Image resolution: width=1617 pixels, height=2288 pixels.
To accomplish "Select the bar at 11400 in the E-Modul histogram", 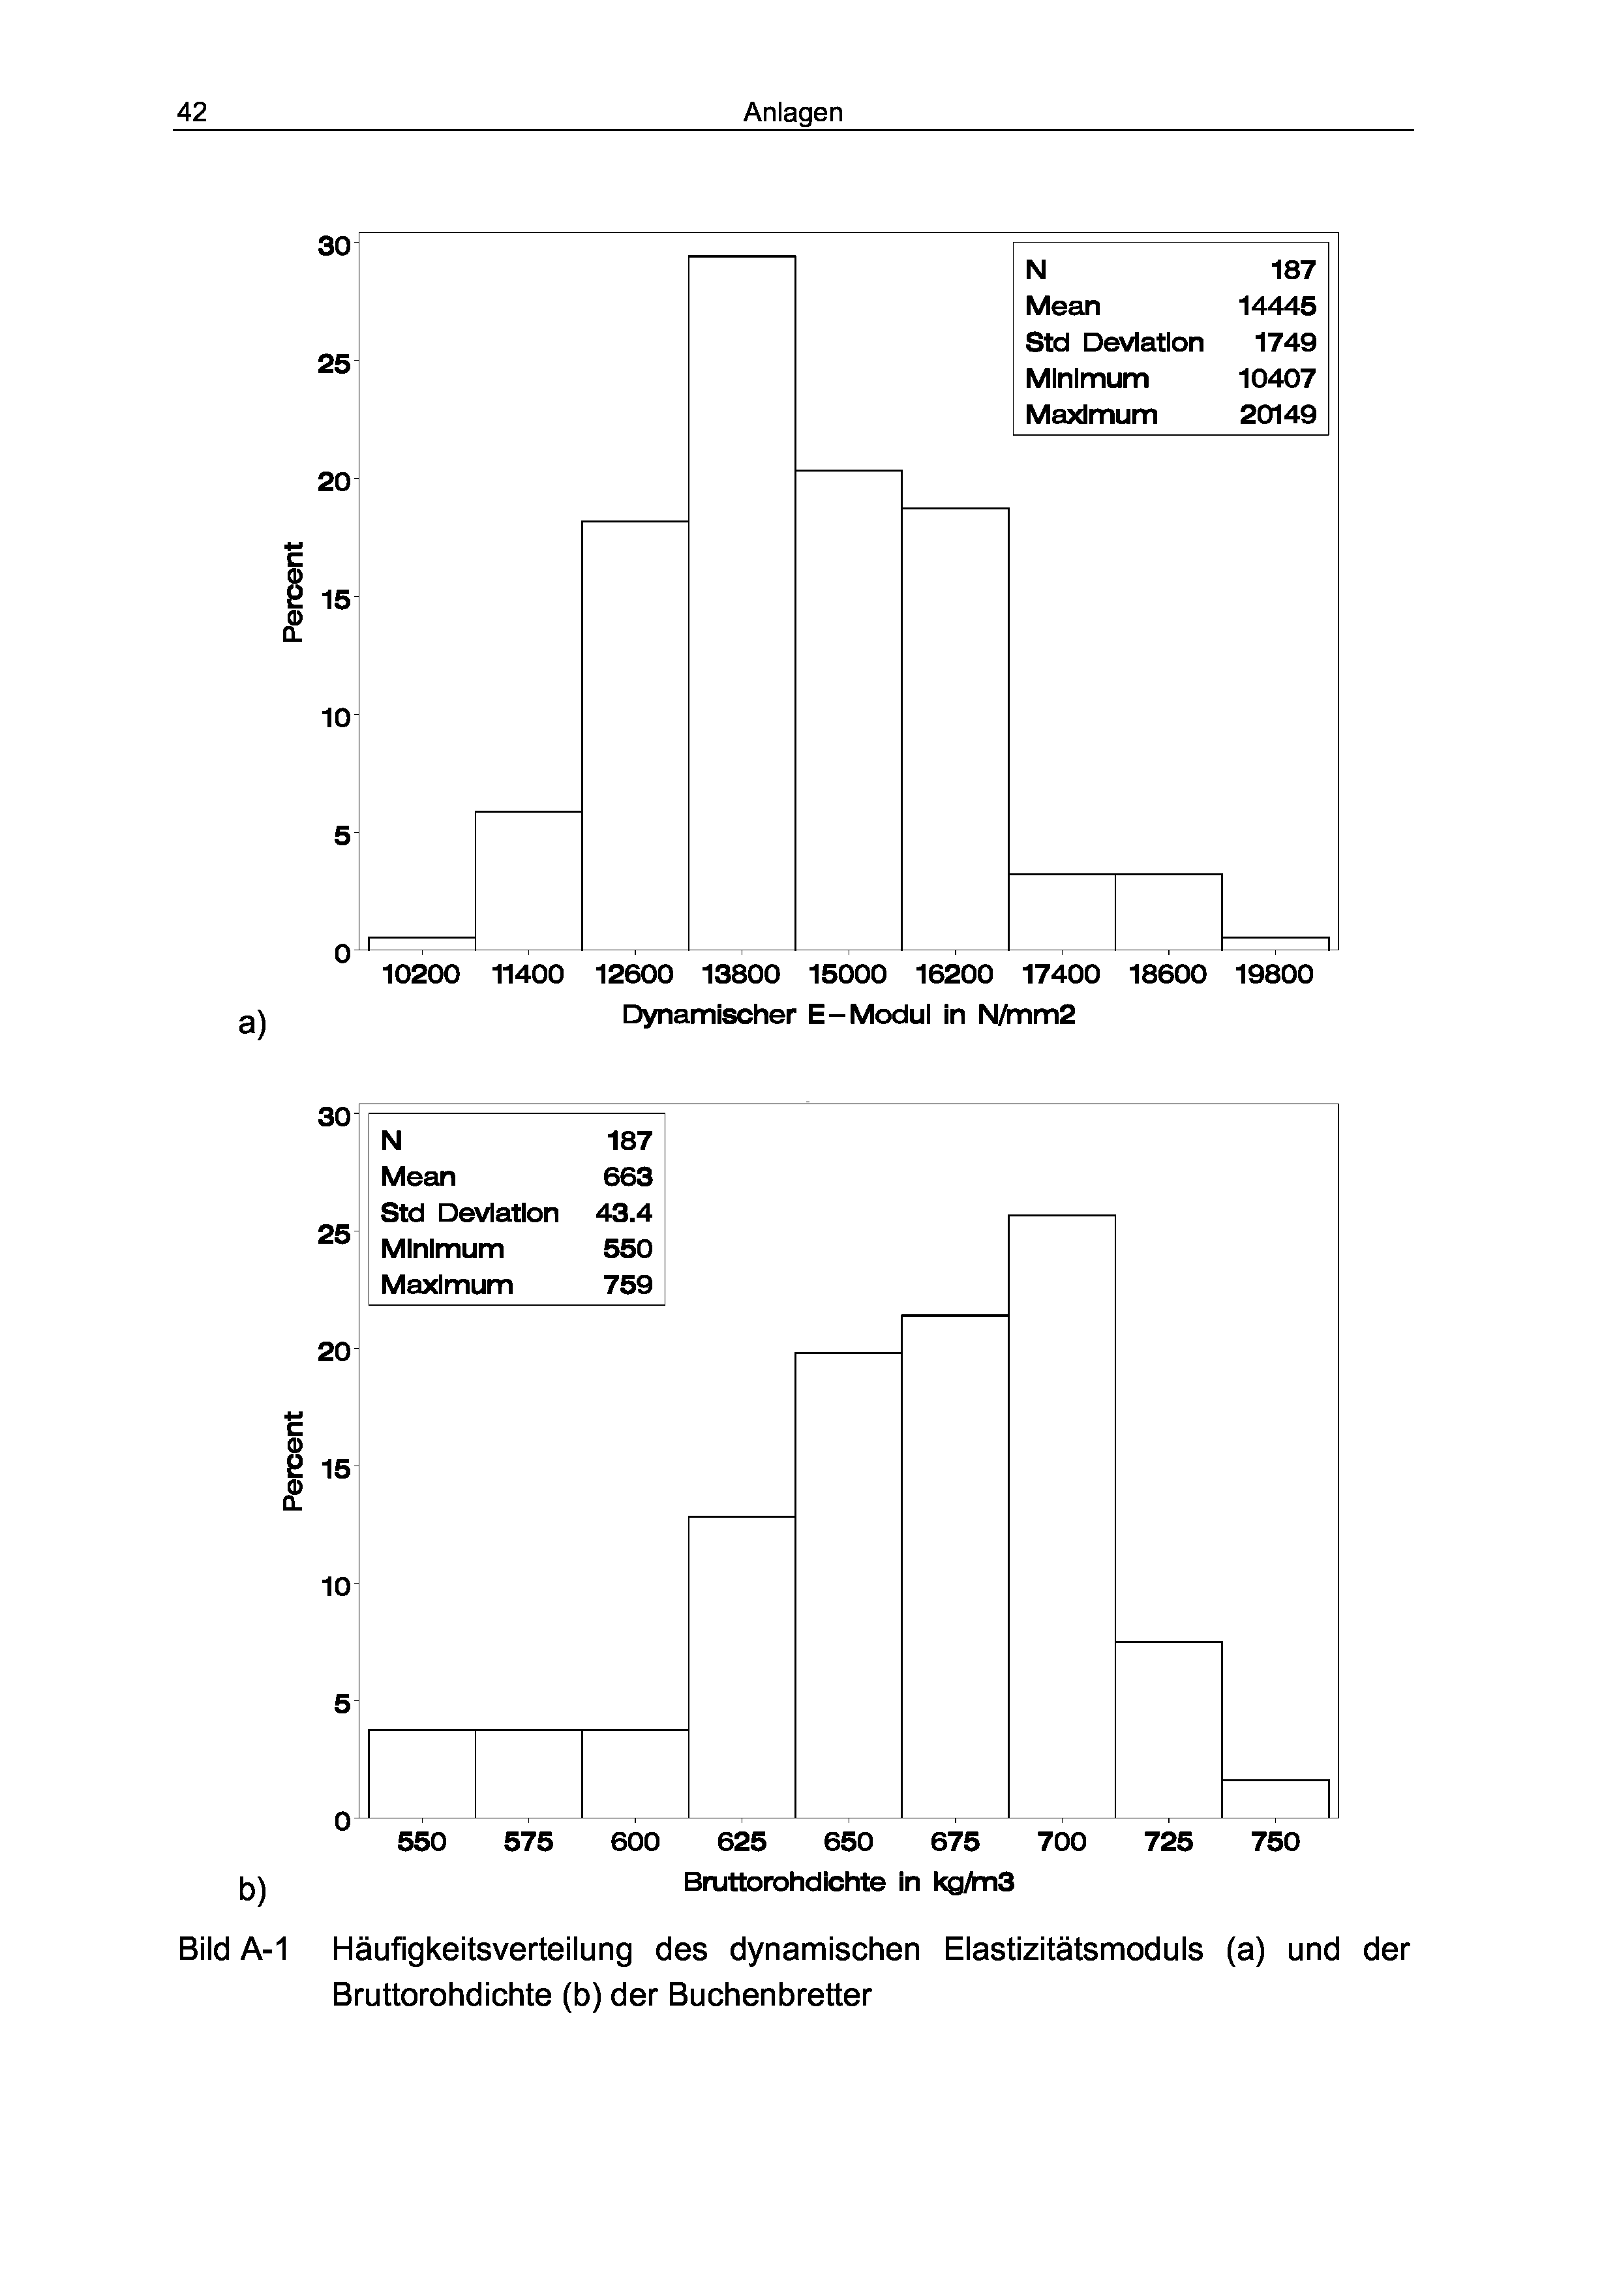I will tap(528, 881).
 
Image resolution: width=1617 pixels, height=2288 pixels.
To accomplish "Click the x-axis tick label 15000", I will tap(848, 974).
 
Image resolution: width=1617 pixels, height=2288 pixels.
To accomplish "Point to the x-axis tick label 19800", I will tap(1275, 974).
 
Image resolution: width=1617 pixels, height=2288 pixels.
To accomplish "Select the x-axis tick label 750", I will tap(1275, 1843).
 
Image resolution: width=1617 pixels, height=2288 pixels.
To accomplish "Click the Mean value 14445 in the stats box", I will tap(1277, 306).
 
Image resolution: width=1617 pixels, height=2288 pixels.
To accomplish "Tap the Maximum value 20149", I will tap(1277, 415).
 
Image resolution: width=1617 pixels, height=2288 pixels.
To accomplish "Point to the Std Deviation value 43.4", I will tap(624, 1212).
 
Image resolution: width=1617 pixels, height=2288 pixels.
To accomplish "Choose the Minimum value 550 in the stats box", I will tap(627, 1248).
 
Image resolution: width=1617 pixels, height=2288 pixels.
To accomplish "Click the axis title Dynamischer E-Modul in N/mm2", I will tap(849, 1016).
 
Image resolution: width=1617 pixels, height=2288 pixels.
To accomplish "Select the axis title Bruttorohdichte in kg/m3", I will tap(849, 1882).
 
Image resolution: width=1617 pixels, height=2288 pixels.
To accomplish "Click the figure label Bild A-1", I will tap(233, 1949).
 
